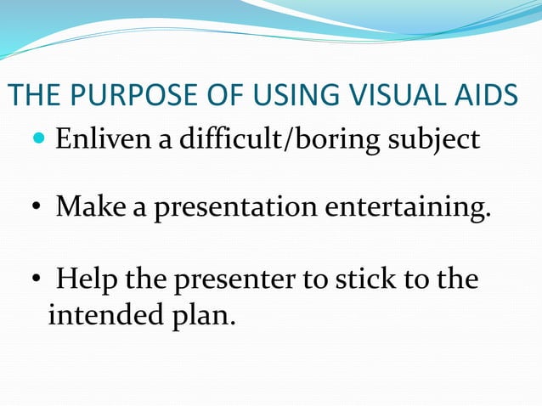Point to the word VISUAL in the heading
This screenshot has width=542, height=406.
click(390, 96)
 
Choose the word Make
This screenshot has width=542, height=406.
click(91, 206)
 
